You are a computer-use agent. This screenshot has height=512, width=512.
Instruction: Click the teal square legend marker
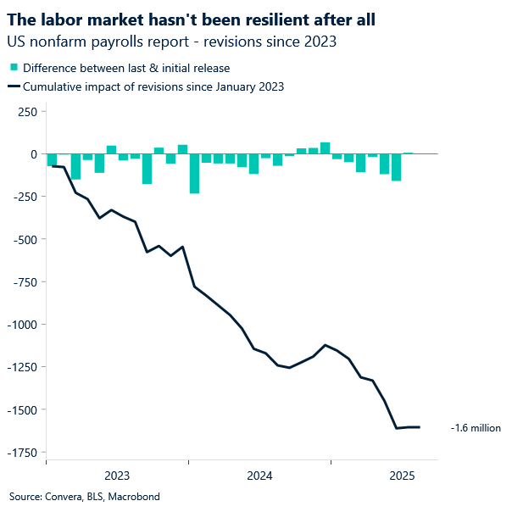[x=14, y=68]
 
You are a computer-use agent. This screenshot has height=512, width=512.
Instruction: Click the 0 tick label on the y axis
[x=33, y=154]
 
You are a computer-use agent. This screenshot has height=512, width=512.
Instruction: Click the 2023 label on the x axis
[x=117, y=476]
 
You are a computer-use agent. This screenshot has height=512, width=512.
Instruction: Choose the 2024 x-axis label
[x=259, y=476]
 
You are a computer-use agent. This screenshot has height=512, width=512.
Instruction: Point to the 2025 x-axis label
[x=402, y=476]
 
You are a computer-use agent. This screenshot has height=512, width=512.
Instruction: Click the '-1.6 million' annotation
[x=476, y=428]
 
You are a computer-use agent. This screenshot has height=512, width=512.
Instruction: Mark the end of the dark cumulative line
[x=420, y=427]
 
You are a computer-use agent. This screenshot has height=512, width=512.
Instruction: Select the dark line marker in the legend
[x=14, y=86]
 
